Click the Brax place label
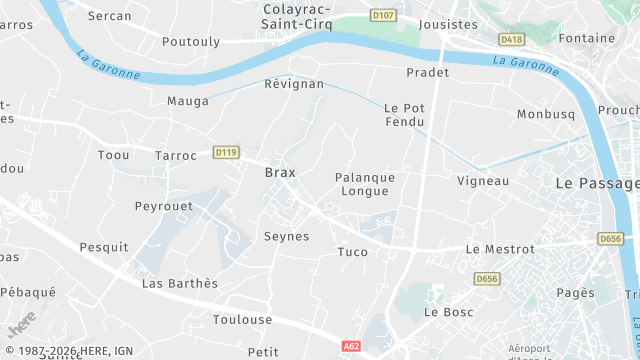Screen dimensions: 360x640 point(280,172)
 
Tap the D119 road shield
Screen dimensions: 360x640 point(226,152)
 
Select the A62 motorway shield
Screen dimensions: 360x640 point(351,346)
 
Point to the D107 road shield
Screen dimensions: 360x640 point(383,15)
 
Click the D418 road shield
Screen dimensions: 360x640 point(511,39)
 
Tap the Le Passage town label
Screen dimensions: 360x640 point(596,184)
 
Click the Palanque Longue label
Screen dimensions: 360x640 point(365,184)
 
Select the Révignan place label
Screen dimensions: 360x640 point(294,84)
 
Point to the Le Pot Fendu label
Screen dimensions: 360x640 point(405,115)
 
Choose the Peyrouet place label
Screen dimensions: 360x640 point(163,206)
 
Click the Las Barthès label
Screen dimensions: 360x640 point(180,283)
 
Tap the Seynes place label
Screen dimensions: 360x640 point(286,237)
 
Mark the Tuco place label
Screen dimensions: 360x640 point(353,251)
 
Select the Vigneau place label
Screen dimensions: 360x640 point(483,181)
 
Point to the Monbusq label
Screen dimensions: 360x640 point(546,114)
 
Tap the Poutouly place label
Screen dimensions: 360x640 point(191,41)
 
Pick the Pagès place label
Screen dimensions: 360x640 point(575,293)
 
